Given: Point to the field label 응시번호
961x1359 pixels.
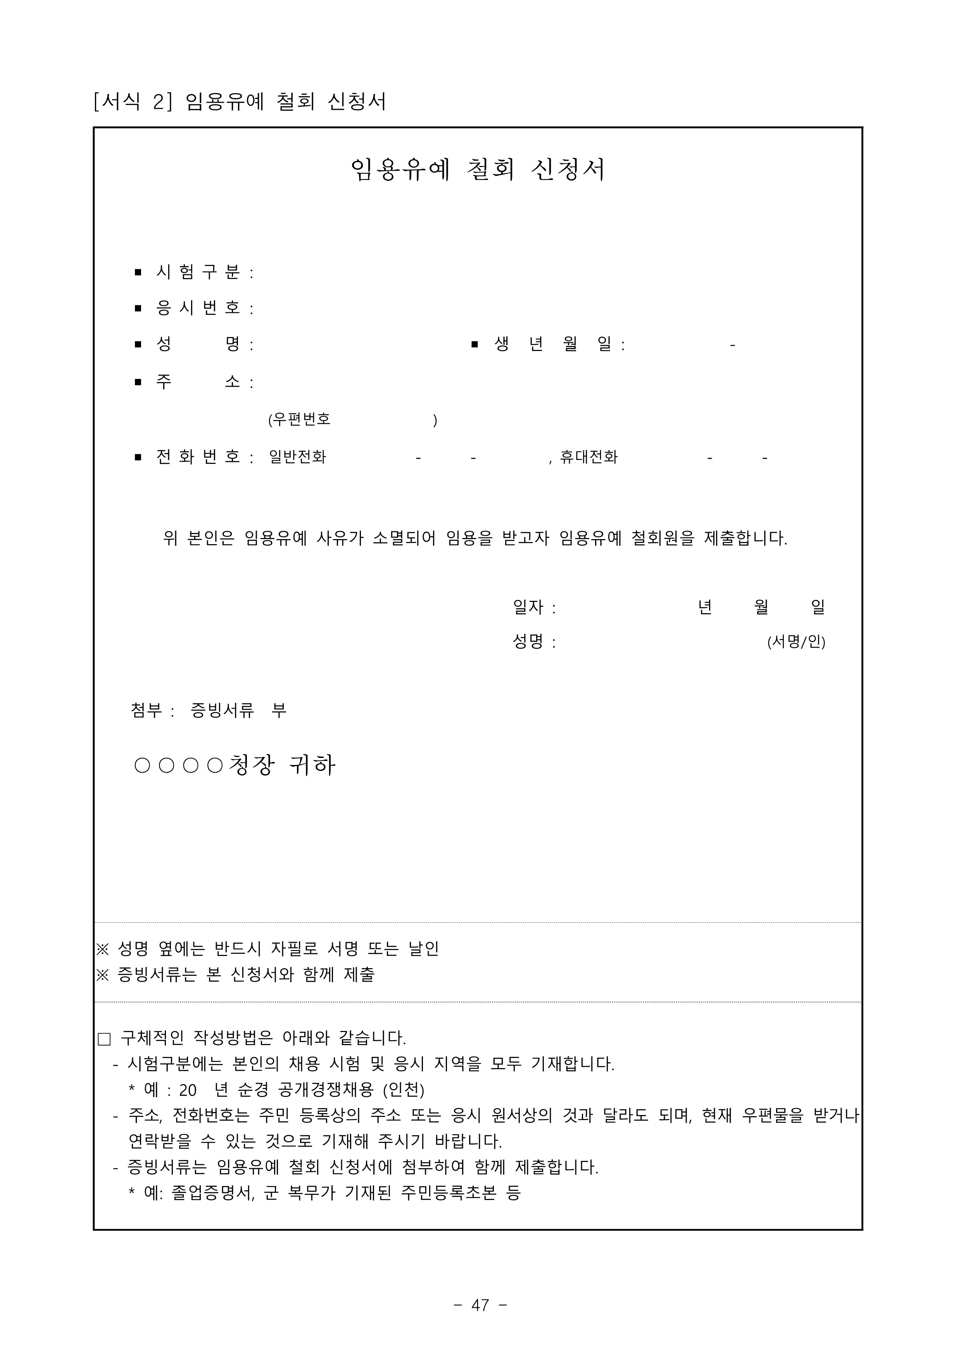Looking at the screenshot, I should (x=198, y=308).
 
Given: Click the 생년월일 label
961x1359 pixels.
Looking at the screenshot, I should (x=553, y=344).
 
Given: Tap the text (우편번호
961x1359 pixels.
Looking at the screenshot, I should (x=299, y=420).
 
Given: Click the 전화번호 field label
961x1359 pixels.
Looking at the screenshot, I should (x=198, y=457).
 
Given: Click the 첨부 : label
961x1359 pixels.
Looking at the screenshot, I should (x=152, y=710).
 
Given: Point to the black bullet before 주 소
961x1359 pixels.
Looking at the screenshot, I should (x=138, y=382).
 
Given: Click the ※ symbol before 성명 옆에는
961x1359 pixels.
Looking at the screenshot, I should (x=103, y=949).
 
